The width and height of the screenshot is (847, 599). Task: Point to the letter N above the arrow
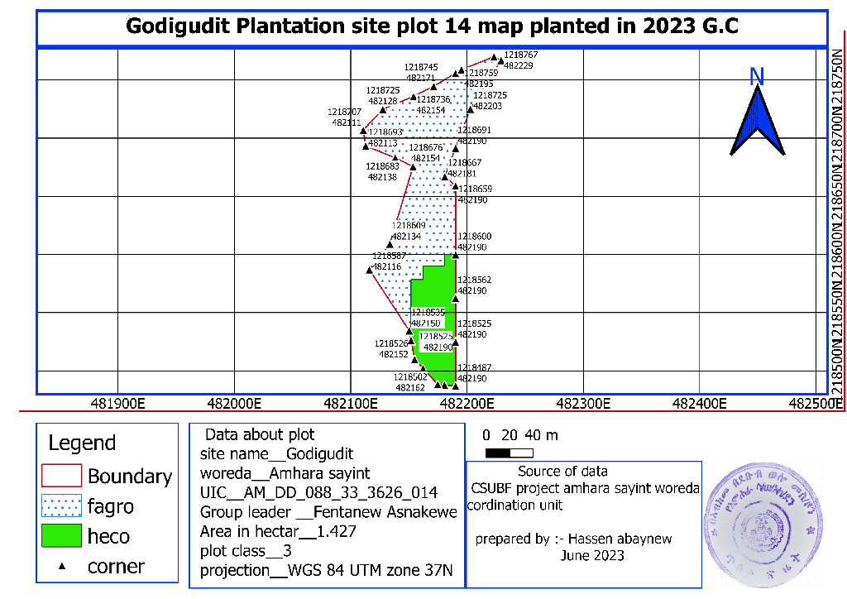pyautogui.click(x=756, y=77)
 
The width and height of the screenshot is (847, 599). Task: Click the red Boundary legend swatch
pyautogui.click(x=62, y=475)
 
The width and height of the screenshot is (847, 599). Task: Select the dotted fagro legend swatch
pyautogui.click(x=62, y=506)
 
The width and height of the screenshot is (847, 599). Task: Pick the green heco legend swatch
pyautogui.click(x=62, y=535)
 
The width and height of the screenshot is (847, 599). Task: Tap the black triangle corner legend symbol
pyautogui.click(x=62, y=567)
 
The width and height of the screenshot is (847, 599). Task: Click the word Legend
pyautogui.click(x=82, y=443)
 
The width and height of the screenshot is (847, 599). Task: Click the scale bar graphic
pyautogui.click(x=509, y=453)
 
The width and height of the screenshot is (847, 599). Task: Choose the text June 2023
pyautogui.click(x=592, y=556)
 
